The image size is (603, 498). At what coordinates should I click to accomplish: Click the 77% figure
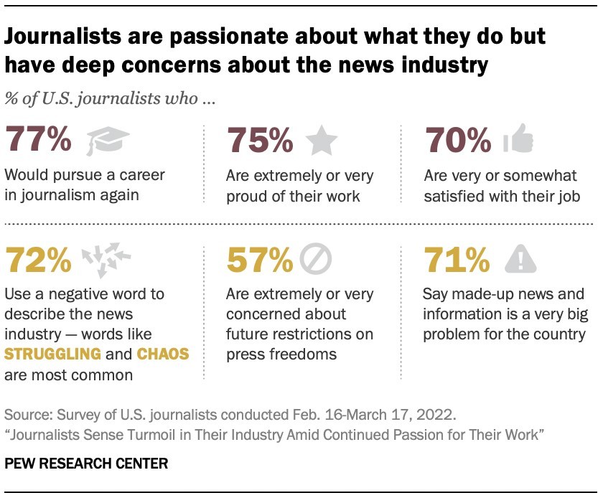click(38, 139)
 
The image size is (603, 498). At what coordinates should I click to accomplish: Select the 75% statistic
click(259, 139)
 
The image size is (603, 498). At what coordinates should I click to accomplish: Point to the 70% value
click(459, 139)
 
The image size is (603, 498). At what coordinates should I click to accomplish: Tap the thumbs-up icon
click(519, 139)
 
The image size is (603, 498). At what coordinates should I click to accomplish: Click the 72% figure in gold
click(38, 261)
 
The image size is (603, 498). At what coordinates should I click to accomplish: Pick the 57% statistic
click(259, 261)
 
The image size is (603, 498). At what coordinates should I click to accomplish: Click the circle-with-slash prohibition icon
click(314, 261)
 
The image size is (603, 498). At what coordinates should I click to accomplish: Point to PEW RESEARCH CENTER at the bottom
click(86, 464)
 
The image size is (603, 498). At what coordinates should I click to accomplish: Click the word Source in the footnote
click(27, 415)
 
